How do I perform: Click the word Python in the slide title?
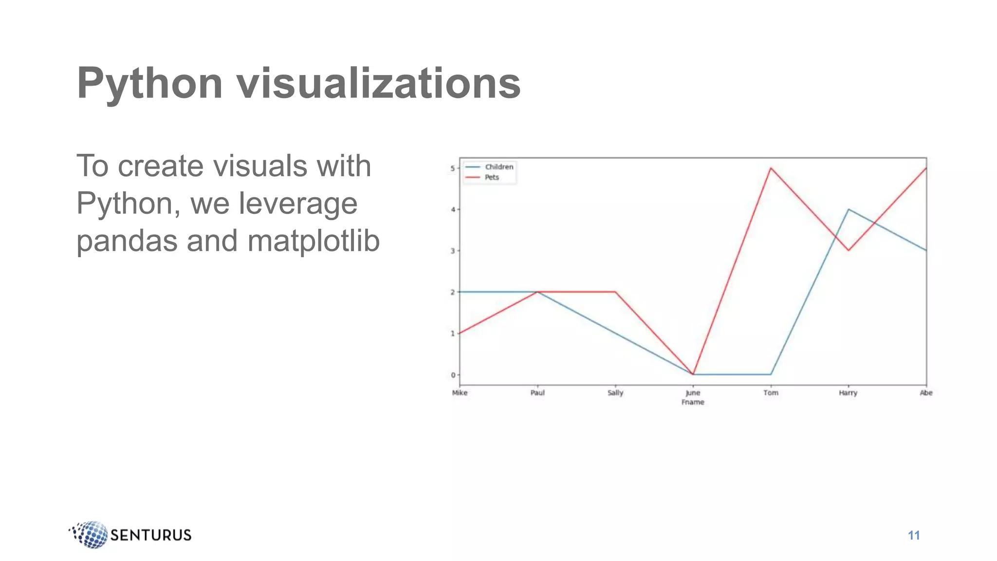(x=149, y=84)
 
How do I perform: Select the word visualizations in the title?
(x=379, y=84)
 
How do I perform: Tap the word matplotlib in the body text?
(x=314, y=241)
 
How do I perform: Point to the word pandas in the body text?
(x=127, y=241)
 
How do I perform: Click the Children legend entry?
(x=499, y=167)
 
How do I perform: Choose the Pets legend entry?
(x=492, y=177)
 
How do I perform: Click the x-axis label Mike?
(x=460, y=393)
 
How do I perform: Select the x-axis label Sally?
(x=615, y=393)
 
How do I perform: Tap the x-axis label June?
(x=693, y=393)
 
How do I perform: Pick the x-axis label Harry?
(x=848, y=393)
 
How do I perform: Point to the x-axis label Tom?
(x=771, y=393)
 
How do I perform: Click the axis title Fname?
(x=693, y=402)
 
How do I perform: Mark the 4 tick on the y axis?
(x=453, y=209)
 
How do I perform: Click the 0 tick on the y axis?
(x=453, y=375)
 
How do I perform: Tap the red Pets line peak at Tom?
(x=771, y=168)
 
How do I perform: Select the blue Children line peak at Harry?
(x=849, y=209)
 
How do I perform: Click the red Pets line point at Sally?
(x=615, y=292)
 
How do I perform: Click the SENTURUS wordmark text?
(x=151, y=535)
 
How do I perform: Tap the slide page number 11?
(x=914, y=536)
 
